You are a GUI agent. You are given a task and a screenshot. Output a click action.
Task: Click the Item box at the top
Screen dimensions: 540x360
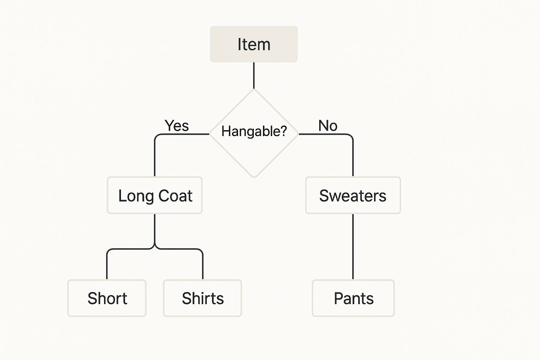(x=253, y=44)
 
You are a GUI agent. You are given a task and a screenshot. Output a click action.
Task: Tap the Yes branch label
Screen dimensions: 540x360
(x=176, y=126)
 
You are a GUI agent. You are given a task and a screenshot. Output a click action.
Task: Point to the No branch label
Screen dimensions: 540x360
(x=328, y=126)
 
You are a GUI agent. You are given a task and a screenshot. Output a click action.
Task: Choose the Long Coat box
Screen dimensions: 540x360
(x=155, y=195)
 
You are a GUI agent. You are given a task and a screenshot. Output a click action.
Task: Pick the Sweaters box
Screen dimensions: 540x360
(x=353, y=195)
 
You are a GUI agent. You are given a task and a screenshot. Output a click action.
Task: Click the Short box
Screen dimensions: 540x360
(x=107, y=298)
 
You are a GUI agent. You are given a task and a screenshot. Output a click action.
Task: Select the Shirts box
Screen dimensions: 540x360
(x=202, y=298)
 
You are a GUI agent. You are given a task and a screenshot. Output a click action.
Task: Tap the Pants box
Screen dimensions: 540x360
(x=353, y=298)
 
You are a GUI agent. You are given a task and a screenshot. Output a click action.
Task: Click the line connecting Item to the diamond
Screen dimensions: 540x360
(x=253, y=75)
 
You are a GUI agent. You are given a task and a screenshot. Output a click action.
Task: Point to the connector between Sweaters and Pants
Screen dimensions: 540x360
(x=353, y=246)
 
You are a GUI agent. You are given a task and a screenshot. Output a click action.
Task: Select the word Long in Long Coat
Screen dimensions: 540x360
(x=136, y=196)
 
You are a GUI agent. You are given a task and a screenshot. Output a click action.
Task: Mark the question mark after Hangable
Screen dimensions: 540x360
(x=283, y=131)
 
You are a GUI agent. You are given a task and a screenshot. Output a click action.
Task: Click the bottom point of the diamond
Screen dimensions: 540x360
(x=254, y=177)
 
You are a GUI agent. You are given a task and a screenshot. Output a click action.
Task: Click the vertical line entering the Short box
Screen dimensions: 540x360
(x=107, y=265)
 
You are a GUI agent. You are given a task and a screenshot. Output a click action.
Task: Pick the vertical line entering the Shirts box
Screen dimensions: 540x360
(x=203, y=265)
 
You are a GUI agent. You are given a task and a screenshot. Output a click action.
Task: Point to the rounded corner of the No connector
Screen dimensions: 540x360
(x=351, y=136)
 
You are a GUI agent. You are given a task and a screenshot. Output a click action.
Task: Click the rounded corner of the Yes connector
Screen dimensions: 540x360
(x=157, y=136)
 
